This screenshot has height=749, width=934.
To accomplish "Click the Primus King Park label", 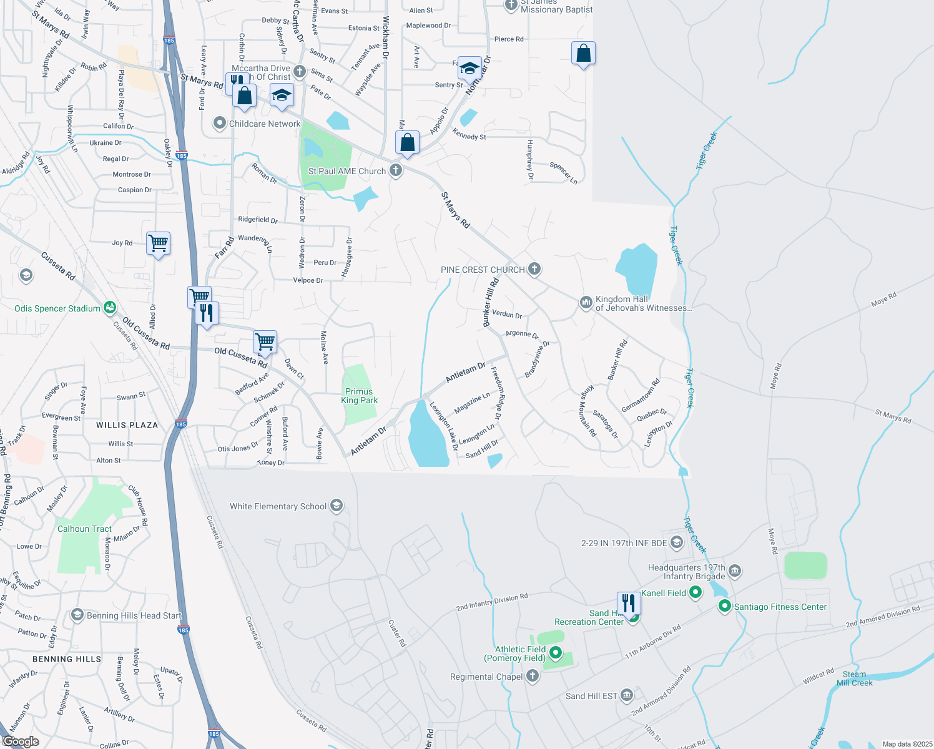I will (359, 396).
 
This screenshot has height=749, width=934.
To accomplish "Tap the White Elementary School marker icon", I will (337, 506).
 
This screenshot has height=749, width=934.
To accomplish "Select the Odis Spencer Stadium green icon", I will (110, 307).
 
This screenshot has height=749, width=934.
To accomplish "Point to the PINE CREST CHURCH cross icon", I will (534, 269).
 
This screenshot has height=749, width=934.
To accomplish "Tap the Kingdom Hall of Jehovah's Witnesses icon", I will (586, 302).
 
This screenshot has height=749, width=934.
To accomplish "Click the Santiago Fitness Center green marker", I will (724, 605).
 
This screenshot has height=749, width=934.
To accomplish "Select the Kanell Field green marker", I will (696, 592).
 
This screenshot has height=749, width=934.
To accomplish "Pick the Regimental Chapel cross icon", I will (532, 676).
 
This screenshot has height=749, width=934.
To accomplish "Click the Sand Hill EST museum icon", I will (627, 695).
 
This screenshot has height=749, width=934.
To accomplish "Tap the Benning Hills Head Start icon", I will (77, 615).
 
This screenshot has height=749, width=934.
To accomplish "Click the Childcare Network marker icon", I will (219, 123).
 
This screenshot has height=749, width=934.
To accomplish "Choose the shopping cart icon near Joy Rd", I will (159, 243).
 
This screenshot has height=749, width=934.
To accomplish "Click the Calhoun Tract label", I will (84, 529).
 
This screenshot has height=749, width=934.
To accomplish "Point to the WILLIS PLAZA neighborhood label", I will (127, 425).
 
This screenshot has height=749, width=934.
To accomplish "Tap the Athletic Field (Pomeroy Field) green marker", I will (555, 654).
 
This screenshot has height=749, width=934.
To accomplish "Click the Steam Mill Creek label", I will (854, 678).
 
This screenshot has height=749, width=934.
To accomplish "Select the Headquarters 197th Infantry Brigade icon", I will (735, 570).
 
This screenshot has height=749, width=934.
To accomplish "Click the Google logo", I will (21, 741).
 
